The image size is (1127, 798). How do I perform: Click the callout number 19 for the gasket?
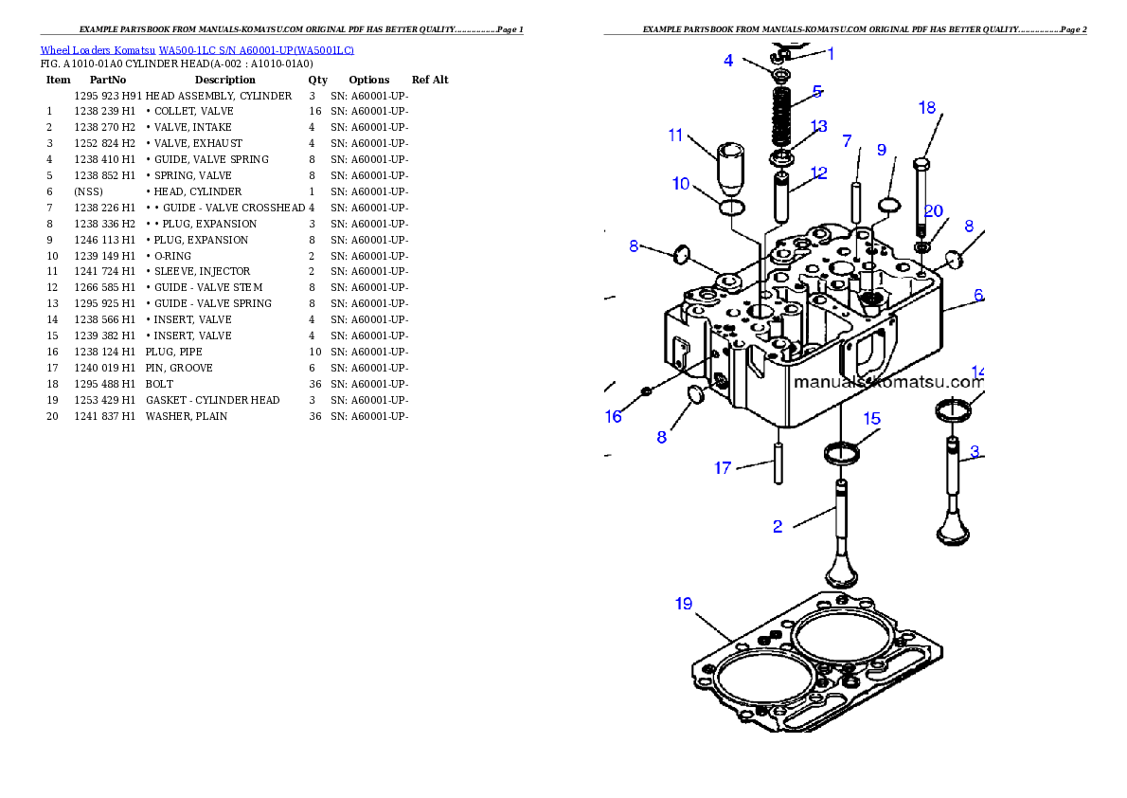[684, 604]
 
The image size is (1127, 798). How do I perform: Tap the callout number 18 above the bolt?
[927, 108]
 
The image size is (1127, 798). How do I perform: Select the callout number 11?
[675, 136]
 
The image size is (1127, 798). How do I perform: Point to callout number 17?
[723, 468]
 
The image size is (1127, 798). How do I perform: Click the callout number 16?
[614, 416]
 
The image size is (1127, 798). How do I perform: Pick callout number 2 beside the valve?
[778, 527]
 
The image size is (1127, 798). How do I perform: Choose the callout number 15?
[871, 418]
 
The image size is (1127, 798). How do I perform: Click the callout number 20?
[934, 211]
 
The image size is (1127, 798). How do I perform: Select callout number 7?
[847, 141]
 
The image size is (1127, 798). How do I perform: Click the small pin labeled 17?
[778, 465]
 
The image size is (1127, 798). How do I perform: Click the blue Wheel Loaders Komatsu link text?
[197, 50]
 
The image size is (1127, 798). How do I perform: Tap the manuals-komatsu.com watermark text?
[887, 382]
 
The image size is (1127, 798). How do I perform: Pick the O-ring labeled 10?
[732, 207]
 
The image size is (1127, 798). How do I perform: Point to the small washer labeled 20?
[921, 247]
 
